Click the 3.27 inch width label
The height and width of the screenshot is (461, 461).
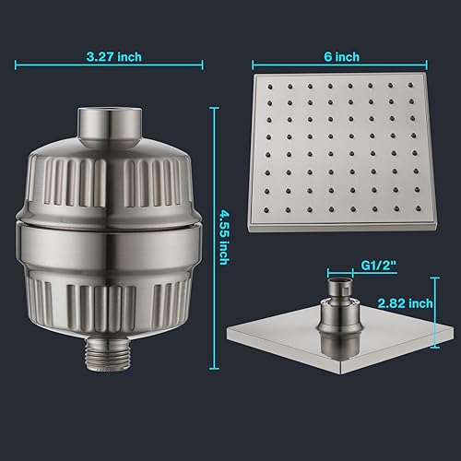(x=110, y=56)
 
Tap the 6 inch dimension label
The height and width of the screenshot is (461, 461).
(x=346, y=56)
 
